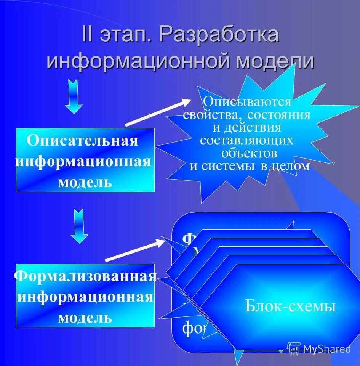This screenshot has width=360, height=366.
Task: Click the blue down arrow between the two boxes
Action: [79, 226]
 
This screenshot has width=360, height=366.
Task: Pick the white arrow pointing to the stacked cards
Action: [135, 250]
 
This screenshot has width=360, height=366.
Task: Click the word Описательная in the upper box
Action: [82, 140]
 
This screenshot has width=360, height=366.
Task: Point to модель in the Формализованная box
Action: [85, 317]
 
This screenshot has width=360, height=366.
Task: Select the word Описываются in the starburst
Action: [247, 102]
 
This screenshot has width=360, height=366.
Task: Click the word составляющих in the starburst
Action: [247, 140]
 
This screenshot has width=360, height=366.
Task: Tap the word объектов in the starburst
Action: [249, 153]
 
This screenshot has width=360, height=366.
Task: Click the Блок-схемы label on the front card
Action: [290, 306]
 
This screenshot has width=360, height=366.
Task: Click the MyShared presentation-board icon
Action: [294, 348]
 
